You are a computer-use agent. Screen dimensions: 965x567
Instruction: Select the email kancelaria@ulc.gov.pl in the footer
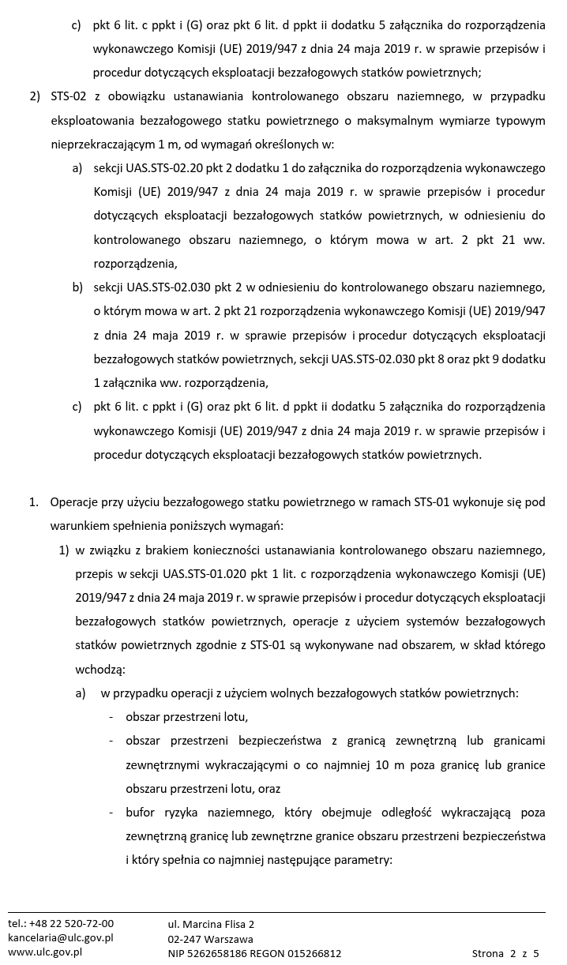tap(61, 937)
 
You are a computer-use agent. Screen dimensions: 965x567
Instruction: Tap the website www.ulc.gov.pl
tap(45, 952)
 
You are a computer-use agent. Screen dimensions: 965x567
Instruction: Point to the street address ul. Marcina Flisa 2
tap(211, 924)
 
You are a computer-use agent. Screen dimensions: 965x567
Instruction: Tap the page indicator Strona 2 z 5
tap(505, 953)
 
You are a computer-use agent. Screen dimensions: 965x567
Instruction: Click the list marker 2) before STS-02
tap(35, 97)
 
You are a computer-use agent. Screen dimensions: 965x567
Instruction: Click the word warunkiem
tap(80, 526)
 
